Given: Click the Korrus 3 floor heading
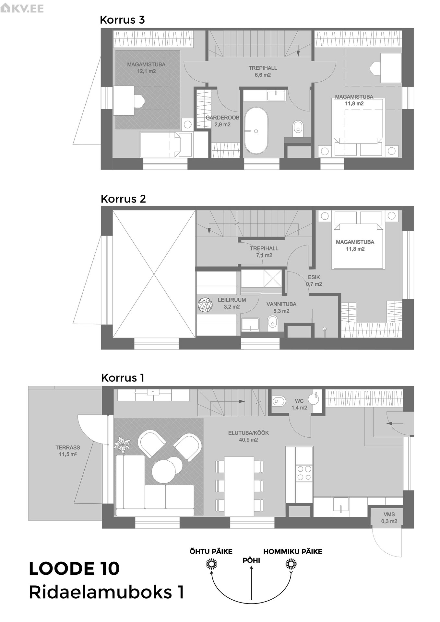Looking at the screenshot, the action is [x=122, y=20].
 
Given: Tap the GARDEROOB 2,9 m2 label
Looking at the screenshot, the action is [x=222, y=121].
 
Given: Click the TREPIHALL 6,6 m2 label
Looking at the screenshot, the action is [x=263, y=71].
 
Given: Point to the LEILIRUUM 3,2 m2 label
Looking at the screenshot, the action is [x=232, y=303].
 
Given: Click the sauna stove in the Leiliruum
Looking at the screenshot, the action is [x=205, y=305].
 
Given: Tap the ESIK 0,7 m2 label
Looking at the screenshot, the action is [x=314, y=281].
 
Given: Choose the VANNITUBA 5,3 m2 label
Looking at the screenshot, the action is [x=281, y=307].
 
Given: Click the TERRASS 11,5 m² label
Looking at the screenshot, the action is [x=68, y=451].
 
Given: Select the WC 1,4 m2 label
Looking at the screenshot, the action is [x=299, y=404].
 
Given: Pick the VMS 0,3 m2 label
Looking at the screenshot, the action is [x=389, y=518].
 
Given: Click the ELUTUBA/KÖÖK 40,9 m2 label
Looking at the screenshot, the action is [x=248, y=436].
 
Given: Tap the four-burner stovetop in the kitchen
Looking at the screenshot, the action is [x=304, y=473].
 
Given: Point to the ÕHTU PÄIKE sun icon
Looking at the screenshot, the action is [x=211, y=565].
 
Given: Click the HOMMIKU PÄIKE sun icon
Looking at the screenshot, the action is [x=291, y=565].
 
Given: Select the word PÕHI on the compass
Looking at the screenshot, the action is [x=251, y=560].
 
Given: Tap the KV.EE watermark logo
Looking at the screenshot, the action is [x=22, y=8].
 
